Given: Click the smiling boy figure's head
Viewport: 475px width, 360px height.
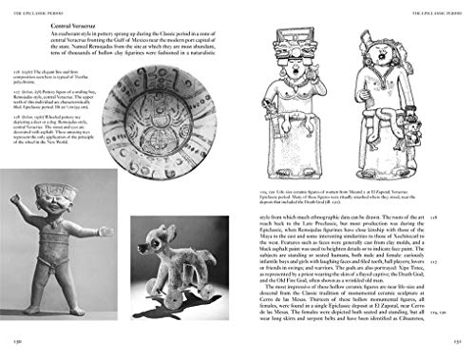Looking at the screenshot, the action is pyautogui.click(x=44, y=205).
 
